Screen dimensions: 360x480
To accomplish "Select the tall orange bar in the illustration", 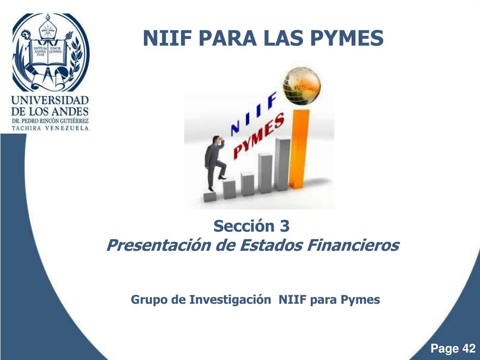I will coord(299,150).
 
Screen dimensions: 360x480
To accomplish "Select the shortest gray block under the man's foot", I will coord(210,196).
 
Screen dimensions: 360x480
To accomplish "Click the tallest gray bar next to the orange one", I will coord(282,164).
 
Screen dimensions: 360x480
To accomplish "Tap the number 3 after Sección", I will coord(285,226).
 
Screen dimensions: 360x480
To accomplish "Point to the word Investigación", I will coord(230,300).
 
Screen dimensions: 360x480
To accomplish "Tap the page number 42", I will coord(468,349).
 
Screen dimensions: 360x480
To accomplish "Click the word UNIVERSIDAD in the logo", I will coord(50,100).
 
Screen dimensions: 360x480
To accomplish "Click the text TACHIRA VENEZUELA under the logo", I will coord(50,129).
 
